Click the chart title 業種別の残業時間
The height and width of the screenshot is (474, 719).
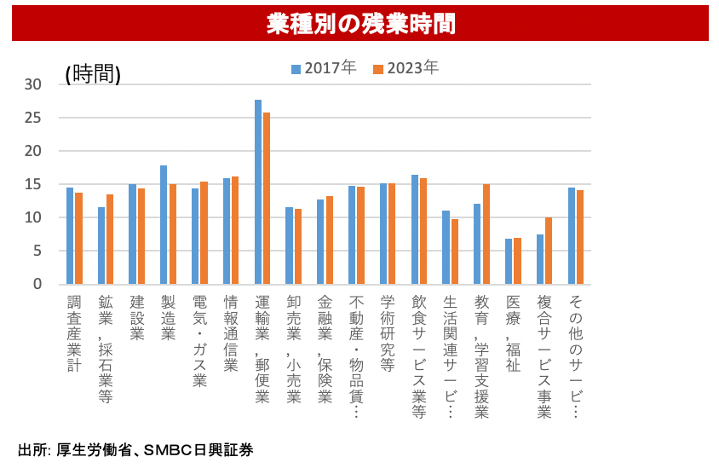coord(359,23)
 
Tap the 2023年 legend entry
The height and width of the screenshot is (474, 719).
coord(406,68)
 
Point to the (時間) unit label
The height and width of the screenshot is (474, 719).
coord(93,74)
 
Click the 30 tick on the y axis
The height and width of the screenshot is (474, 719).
coord(33,84)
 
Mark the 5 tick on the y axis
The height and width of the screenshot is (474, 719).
coord(37,251)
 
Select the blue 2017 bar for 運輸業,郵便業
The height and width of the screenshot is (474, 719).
coord(258,192)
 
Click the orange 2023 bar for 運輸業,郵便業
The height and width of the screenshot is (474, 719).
coord(267,198)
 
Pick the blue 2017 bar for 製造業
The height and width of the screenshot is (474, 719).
coord(164,224)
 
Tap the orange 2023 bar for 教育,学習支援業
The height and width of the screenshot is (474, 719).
coord(486,234)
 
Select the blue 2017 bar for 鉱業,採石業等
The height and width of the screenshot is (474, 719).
coord(101,246)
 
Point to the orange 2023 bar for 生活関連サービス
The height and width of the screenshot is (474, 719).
coord(455,251)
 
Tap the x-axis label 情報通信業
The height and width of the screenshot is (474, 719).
coord(230,333)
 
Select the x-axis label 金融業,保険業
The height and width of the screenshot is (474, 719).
coord(325,350)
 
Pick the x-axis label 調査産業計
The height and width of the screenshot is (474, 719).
coord(73,333)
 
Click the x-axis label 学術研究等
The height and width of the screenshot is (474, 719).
coord(387,333)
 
